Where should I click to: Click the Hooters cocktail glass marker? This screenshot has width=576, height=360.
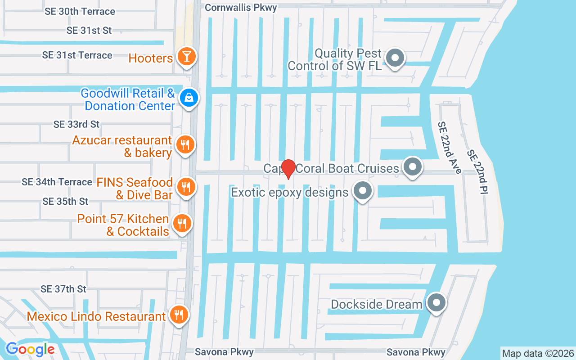[184, 57]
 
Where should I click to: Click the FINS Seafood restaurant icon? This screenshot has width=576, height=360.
[184, 187]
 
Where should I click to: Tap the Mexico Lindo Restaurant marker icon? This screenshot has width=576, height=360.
[179, 315]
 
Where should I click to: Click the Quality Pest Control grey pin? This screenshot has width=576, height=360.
[396, 58]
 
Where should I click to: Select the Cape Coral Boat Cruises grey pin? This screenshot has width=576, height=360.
[412, 167]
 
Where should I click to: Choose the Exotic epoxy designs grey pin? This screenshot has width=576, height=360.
[362, 191]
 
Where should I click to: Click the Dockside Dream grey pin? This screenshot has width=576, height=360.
[436, 303]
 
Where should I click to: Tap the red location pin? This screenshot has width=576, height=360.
[288, 169]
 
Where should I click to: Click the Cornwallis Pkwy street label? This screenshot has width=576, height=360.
[241, 8]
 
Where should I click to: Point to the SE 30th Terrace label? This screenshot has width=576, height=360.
[80, 12]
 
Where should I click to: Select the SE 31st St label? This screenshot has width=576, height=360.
[89, 31]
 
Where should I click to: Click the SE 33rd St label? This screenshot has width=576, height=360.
[76, 124]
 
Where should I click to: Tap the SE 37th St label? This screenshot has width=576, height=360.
[63, 289]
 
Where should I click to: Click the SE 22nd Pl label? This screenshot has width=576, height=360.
[477, 172]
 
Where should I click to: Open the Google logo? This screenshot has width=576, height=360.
[30, 349]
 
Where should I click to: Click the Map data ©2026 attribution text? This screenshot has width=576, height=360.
[538, 353]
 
